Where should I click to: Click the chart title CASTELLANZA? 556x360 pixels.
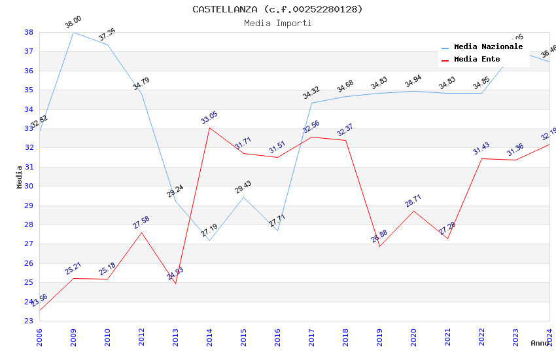(277, 9)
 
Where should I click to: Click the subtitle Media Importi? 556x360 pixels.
(277, 23)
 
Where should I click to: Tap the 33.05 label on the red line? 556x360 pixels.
(209, 118)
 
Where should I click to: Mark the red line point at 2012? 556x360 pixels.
(141, 233)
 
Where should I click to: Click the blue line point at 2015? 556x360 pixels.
(243, 198)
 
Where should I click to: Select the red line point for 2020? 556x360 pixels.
(413, 211)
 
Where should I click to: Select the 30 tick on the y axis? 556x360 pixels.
(29, 187)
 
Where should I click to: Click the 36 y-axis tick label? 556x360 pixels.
(29, 71)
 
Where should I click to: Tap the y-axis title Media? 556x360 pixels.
(20, 177)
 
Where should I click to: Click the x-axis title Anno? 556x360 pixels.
(540, 343)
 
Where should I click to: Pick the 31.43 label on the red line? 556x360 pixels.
(481, 149)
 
